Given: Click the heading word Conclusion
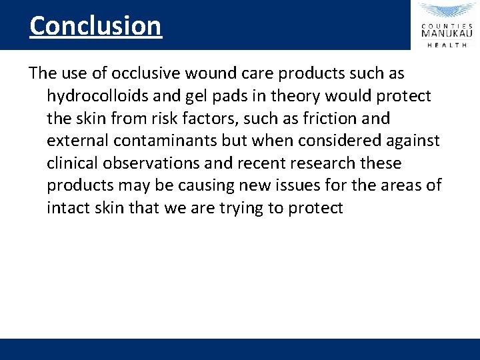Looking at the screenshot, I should [x=95, y=26].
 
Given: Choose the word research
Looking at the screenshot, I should [x=319, y=163].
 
